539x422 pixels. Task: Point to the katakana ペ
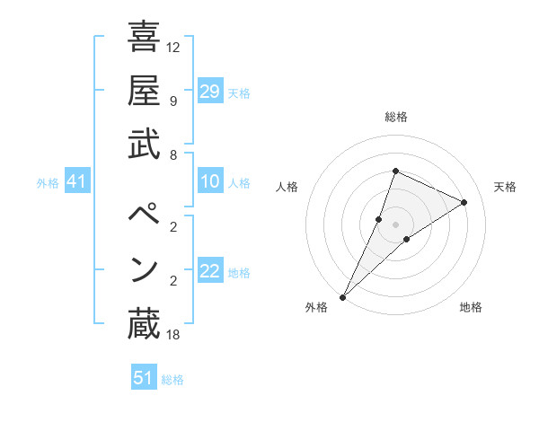[144, 215]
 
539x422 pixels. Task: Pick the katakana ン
[144, 269]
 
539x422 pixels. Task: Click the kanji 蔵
[144, 324]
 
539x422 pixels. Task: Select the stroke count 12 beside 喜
[174, 47]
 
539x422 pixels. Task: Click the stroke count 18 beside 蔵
[174, 335]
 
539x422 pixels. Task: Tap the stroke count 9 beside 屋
[172, 101]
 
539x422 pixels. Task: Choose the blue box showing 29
[209, 91]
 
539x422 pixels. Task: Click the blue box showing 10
[209, 182]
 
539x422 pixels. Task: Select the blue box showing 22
[209, 272]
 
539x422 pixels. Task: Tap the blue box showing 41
[76, 182]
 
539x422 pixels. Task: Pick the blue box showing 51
[143, 378]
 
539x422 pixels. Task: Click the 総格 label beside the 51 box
[173, 380]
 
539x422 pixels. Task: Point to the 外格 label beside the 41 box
[48, 183]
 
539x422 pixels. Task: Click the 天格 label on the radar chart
[506, 187]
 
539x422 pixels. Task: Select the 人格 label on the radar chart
[287, 187]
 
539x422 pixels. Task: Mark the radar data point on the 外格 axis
[342, 296]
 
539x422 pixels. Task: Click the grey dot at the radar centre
[395, 224]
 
